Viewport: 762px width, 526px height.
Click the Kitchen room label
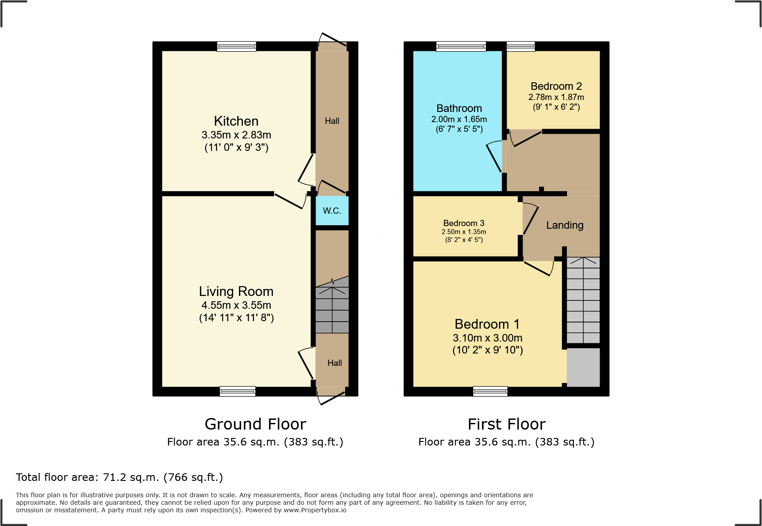pyautogui.click(x=236, y=121)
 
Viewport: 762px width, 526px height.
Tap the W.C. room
pyautogui.click(x=332, y=211)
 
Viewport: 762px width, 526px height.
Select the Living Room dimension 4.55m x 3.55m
pyautogui.click(x=236, y=305)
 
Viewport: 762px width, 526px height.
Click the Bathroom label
pyautogui.click(x=459, y=108)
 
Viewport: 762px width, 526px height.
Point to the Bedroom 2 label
pyautogui.click(x=556, y=86)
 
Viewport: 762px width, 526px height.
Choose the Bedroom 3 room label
pyautogui.click(x=463, y=223)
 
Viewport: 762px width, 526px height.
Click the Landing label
pyautogui.click(x=565, y=225)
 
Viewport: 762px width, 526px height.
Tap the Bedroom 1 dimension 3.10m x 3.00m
pyautogui.click(x=487, y=338)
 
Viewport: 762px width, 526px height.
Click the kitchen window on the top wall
pyautogui.click(x=236, y=46)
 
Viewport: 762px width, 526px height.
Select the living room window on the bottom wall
pyautogui.click(x=238, y=391)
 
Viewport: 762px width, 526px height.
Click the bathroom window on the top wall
pyautogui.click(x=461, y=46)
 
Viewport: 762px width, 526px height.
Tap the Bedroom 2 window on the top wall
pyautogui.click(x=520, y=46)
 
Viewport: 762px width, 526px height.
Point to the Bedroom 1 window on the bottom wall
pyautogui.click(x=490, y=391)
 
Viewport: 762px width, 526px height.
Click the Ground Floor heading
pyautogui.click(x=255, y=424)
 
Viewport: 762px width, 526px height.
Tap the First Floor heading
pyautogui.click(x=506, y=424)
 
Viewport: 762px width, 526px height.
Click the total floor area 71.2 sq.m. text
pyautogui.click(x=119, y=477)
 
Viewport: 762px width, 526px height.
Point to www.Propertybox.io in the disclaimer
pyautogui.click(x=315, y=510)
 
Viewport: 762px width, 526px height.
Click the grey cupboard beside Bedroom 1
pyautogui.click(x=583, y=367)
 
